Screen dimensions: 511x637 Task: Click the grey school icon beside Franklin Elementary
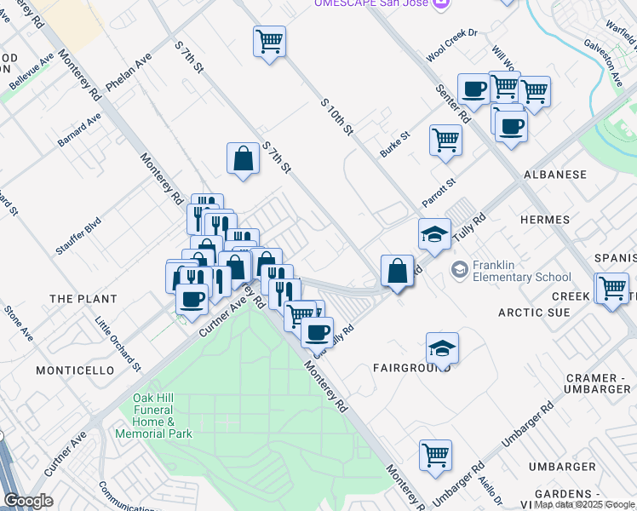(x=460, y=270)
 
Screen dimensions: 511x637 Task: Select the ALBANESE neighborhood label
(x=554, y=175)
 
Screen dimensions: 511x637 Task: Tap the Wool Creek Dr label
(x=453, y=53)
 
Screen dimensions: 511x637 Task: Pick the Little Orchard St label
(x=118, y=345)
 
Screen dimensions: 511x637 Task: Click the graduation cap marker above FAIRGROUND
(x=442, y=347)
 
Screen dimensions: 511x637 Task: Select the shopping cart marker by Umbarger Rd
(x=435, y=455)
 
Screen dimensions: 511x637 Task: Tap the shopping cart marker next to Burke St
(x=445, y=139)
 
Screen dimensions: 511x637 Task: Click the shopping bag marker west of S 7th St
(x=243, y=158)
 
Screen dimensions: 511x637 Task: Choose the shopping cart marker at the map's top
(x=269, y=40)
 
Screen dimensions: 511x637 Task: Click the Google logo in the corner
(x=29, y=501)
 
